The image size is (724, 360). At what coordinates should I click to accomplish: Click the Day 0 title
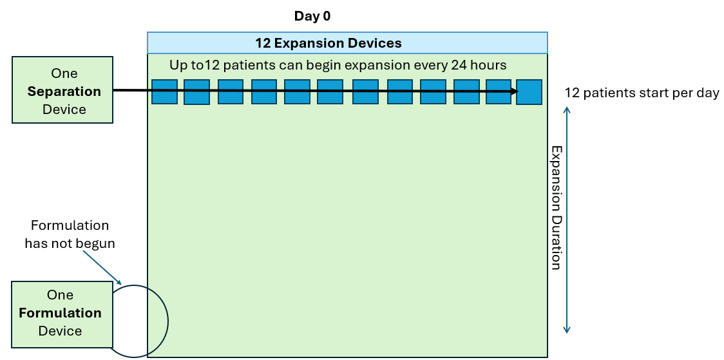pyautogui.click(x=312, y=16)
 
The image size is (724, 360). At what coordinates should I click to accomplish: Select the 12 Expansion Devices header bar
pyautogui.click(x=347, y=43)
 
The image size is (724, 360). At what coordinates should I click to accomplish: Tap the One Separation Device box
pyautogui.click(x=62, y=91)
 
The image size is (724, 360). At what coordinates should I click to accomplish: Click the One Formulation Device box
pyautogui.click(x=61, y=312)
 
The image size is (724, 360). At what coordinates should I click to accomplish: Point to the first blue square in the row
pyautogui.click(x=164, y=91)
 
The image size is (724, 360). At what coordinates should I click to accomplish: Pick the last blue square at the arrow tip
pyautogui.click(x=529, y=91)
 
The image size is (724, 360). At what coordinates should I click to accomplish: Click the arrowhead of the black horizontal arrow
pyautogui.click(x=514, y=91)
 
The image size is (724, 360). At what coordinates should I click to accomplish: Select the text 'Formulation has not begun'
pyautogui.click(x=70, y=234)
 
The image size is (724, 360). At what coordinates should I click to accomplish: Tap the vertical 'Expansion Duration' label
pyautogui.click(x=555, y=207)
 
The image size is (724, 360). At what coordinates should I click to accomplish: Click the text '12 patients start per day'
pyautogui.click(x=642, y=93)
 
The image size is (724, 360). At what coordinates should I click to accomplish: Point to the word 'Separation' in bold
pyautogui.click(x=64, y=91)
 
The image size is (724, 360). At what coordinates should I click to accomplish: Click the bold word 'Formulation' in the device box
pyautogui.click(x=60, y=313)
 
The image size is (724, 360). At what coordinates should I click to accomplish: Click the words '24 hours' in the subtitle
pyautogui.click(x=483, y=65)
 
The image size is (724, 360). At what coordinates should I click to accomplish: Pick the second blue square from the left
pyautogui.click(x=197, y=91)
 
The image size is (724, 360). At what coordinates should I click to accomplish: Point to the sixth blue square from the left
pyautogui.click(x=330, y=91)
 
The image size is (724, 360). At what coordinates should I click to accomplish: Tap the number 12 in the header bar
pyautogui.click(x=263, y=43)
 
